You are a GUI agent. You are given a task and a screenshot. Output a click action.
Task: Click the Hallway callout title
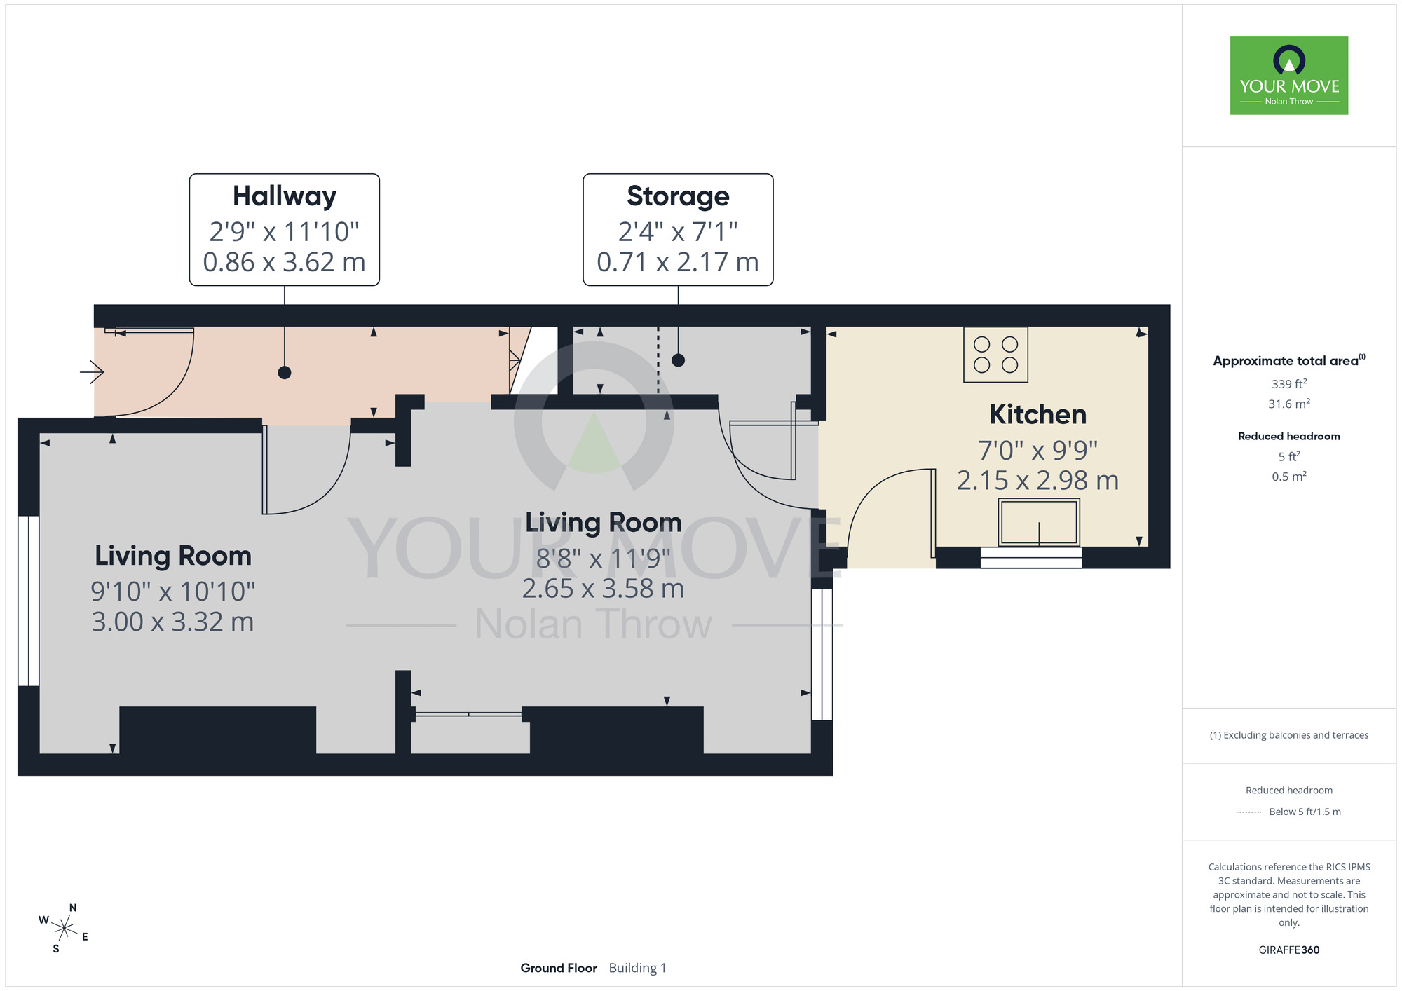pos(285,197)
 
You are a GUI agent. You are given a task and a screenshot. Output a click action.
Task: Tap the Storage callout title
pos(678,196)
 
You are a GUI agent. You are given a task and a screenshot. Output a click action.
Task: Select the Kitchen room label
pos(1037,414)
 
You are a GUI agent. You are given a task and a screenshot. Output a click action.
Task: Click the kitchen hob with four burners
pos(995,355)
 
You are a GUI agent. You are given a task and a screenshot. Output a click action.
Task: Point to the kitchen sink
pos(1039,522)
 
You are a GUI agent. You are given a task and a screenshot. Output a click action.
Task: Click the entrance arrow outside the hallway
pos(92,371)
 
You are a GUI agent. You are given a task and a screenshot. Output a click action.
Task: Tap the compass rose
pos(64,929)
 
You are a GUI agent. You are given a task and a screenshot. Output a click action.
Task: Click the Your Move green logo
pos(1289,76)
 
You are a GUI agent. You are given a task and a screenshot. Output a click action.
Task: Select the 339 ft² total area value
pos(1289,384)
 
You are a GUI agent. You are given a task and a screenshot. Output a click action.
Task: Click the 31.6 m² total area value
pos(1289,404)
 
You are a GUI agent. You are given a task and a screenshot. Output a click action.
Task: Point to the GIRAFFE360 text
pos(1289,950)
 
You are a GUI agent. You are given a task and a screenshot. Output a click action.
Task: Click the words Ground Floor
pos(559,968)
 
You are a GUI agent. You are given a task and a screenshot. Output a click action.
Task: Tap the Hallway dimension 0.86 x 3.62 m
pos(285,262)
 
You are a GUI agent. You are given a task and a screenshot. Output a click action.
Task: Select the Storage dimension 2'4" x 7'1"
pos(678,231)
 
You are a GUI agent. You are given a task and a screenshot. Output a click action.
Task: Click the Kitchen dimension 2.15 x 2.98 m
pos(1037,481)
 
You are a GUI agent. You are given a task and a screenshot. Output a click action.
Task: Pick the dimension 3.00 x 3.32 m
pos(172,622)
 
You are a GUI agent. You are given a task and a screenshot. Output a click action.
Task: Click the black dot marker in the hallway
pos(285,373)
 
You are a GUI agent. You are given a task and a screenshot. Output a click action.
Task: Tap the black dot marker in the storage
pos(678,360)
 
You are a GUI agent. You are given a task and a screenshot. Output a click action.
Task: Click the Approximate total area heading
pos(1289,361)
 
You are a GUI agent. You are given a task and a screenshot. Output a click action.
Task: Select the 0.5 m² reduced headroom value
pos(1289,477)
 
